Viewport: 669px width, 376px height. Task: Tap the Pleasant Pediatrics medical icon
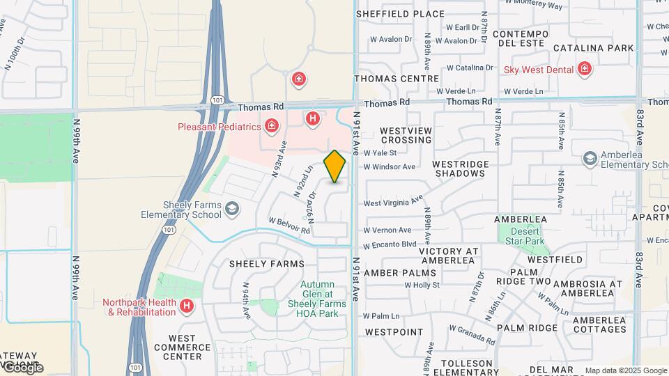click(x=271, y=126)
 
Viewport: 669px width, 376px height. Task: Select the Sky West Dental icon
click(x=584, y=69)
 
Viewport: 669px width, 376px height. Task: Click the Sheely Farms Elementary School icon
click(x=232, y=208)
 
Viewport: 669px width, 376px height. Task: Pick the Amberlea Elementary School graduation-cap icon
click(x=590, y=159)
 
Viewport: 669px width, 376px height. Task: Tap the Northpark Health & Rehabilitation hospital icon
click(x=186, y=305)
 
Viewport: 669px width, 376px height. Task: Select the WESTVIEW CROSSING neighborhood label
click(x=406, y=135)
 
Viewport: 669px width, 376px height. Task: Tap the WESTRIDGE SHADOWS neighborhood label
click(x=460, y=169)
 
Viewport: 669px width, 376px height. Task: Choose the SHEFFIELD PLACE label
click(x=400, y=14)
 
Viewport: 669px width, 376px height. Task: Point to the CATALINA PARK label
click(x=594, y=48)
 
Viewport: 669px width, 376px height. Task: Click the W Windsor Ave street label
click(x=389, y=167)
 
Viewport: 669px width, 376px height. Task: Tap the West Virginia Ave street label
click(x=394, y=202)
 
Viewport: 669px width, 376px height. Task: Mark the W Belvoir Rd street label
click(x=289, y=225)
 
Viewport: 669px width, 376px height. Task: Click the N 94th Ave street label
click(x=246, y=299)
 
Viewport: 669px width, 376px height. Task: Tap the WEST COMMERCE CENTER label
click(x=178, y=347)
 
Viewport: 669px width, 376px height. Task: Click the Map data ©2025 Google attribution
click(x=625, y=370)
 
